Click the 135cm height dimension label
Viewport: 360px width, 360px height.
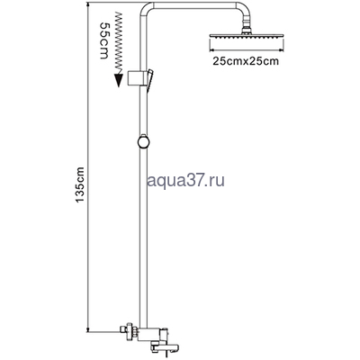coord(80,184)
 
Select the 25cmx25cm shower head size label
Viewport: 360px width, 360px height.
coord(246,61)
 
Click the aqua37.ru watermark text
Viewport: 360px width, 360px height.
coord(186,181)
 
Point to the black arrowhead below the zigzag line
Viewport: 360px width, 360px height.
coord(119,80)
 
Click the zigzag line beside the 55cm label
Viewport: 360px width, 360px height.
coord(120,42)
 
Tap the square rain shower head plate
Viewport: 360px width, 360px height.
coord(246,36)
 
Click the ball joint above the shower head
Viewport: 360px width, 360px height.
coord(246,29)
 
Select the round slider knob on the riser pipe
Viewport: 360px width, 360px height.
coord(144,141)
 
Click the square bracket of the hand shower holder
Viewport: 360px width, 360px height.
coord(135,78)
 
